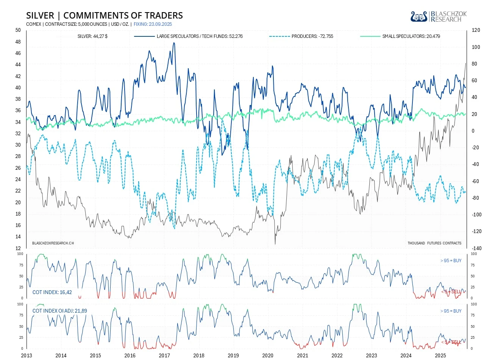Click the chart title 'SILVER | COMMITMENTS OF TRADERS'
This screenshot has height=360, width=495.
(x=105, y=16)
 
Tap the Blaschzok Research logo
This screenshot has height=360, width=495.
(x=438, y=16)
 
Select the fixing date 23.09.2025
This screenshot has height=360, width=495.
(x=153, y=24)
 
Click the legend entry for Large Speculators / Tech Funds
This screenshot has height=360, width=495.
(x=200, y=36)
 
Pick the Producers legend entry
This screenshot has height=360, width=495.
(x=312, y=36)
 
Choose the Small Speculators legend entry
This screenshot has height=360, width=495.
(x=411, y=36)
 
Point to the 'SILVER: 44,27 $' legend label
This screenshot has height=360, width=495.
(x=92, y=36)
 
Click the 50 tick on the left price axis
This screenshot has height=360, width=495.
(x=18, y=30)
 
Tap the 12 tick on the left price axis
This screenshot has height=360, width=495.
(x=18, y=248)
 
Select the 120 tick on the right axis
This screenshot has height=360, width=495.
(x=476, y=30)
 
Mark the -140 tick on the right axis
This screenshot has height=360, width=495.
(x=476, y=248)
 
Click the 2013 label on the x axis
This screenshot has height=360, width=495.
(x=27, y=355)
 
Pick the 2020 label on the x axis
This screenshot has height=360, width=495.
(x=268, y=355)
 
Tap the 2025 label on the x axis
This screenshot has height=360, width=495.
(x=440, y=355)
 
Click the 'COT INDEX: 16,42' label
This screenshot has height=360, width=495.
(x=52, y=292)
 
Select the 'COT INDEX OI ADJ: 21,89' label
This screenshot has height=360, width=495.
(x=59, y=311)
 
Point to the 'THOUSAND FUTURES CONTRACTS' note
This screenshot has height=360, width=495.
(x=434, y=243)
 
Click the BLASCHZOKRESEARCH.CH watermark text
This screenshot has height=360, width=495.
(x=53, y=243)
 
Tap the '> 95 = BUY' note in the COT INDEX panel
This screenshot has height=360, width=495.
(x=451, y=261)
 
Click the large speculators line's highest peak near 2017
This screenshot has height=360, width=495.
(x=174, y=43)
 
